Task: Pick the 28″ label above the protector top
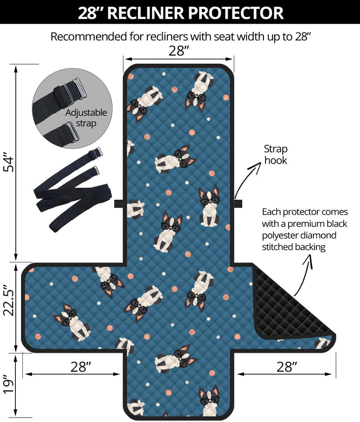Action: [179, 51]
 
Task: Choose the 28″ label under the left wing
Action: [81, 367]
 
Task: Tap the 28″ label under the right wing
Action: [287, 367]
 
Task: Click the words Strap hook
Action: [276, 154]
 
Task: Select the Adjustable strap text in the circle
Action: [86, 118]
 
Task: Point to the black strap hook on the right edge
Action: [238, 204]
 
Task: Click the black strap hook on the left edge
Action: [119, 204]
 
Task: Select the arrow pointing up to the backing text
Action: [303, 274]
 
